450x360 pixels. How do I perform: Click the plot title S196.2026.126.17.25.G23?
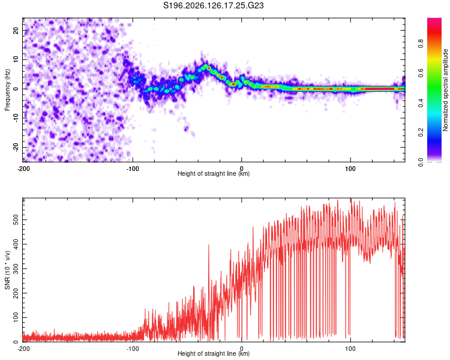pyautogui.click(x=213, y=5)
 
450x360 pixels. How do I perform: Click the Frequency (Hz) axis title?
pyautogui.click(x=7, y=90)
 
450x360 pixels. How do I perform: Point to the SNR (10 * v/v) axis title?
pyautogui.click(x=7, y=270)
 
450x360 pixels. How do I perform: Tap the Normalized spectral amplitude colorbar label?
pyautogui.click(x=445, y=90)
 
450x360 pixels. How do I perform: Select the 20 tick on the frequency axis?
pyautogui.click(x=16, y=30)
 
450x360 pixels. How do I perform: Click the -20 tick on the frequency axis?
pyautogui.click(x=16, y=147)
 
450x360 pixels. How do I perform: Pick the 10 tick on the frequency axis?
pyautogui.click(x=16, y=59)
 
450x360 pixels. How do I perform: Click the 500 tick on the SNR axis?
pyautogui.click(x=16, y=220)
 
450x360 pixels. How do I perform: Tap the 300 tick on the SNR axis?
pyautogui.click(x=16, y=269)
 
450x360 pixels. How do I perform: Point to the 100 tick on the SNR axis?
pyautogui.click(x=16, y=317)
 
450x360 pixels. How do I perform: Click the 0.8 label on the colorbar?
pyautogui.click(x=421, y=44)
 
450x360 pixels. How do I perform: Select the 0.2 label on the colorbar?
pyautogui.click(x=421, y=133)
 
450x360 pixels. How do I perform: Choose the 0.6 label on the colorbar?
pyautogui.click(x=421, y=73)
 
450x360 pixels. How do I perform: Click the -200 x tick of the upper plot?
pyautogui.click(x=23, y=169)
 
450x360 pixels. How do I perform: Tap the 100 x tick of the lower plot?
pyautogui.click(x=350, y=349)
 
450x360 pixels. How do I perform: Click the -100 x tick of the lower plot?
pyautogui.click(x=133, y=349)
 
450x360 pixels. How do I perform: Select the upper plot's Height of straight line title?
pyautogui.click(x=214, y=173)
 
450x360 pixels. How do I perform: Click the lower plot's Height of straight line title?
pyautogui.click(x=214, y=353)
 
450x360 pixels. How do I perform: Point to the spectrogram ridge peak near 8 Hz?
pyautogui.click(x=205, y=66)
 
